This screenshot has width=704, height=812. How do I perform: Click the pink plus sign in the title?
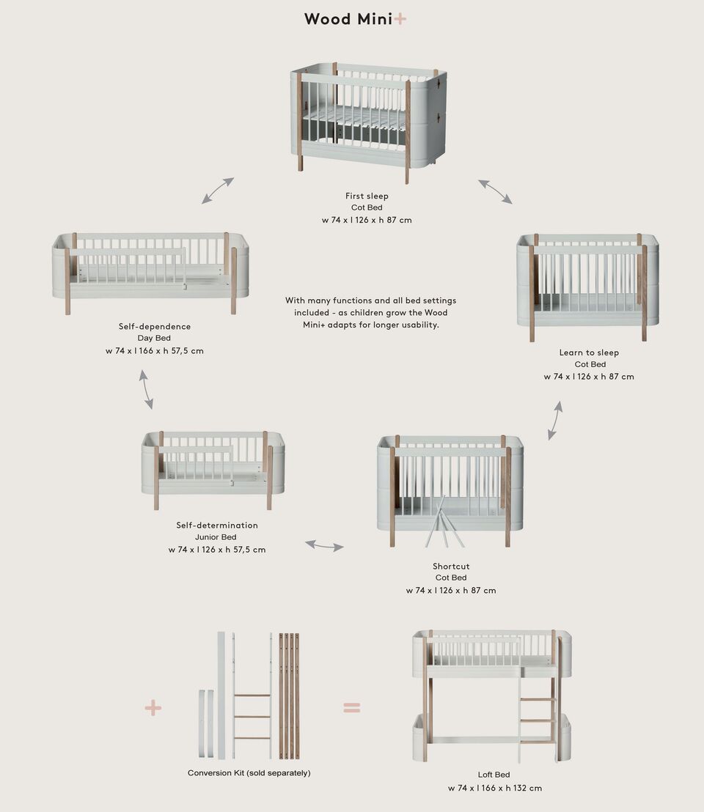point(400,19)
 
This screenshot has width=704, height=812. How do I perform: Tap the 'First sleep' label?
point(367,196)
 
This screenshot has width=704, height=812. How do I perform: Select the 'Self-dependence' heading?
point(155,326)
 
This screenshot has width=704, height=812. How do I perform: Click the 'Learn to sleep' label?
point(589,353)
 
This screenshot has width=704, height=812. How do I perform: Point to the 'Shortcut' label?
point(451,566)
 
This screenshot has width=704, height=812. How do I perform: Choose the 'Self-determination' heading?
point(217,525)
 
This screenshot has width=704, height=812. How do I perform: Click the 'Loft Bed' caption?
point(494,775)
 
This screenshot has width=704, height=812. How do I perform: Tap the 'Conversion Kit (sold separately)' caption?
point(249,773)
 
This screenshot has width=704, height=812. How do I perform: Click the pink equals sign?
point(352,707)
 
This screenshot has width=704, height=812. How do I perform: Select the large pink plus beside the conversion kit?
point(153,707)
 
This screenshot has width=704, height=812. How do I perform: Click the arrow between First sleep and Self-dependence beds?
point(218,191)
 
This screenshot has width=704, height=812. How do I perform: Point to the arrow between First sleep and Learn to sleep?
point(496,191)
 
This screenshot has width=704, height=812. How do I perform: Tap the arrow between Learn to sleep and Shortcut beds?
point(555,420)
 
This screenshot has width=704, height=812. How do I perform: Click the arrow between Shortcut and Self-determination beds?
point(324,545)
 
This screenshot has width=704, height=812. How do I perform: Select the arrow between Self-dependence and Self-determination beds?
point(147,389)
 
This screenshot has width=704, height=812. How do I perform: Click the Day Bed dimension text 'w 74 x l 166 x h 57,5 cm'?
point(155,351)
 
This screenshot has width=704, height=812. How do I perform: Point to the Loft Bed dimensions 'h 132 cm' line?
point(495,788)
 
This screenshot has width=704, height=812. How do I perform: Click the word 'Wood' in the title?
point(328,19)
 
